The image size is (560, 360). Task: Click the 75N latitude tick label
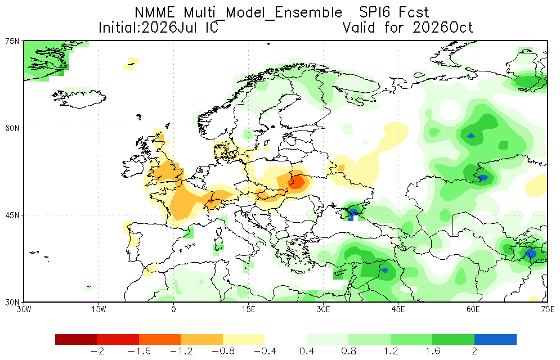[12, 41]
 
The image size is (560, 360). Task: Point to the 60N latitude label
[12, 128]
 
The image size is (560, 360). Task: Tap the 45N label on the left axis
[12, 215]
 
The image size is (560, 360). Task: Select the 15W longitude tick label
[98, 309]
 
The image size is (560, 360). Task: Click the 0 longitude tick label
[173, 309]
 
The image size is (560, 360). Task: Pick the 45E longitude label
[398, 309]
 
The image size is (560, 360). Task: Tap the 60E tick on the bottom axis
[473, 309]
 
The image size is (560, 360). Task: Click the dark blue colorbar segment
[495, 339]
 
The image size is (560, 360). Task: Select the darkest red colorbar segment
[76, 339]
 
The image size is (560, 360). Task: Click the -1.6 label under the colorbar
[139, 352]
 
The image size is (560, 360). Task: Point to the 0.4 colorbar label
[307, 352]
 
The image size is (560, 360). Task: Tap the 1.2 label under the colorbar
[391, 352]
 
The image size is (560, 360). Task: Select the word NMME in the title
[155, 13]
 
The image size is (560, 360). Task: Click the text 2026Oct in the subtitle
[443, 28]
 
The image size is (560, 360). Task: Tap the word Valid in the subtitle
[359, 28]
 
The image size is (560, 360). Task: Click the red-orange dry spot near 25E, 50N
[297, 182]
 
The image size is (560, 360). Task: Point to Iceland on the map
[79, 99]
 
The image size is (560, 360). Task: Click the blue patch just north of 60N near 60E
[471, 136]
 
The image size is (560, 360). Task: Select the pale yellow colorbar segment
[244, 339]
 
